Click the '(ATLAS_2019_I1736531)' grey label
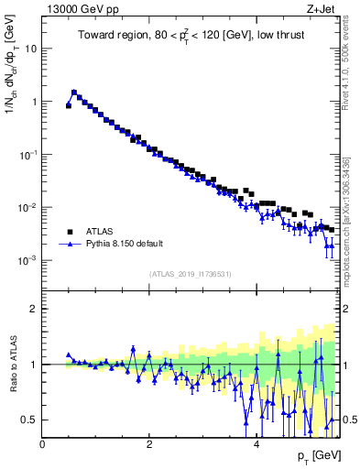click(190, 274)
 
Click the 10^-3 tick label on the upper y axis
click(27, 260)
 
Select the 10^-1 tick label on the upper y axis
click(27, 155)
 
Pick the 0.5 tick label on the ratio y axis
click(31, 420)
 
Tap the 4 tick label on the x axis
click(256, 444)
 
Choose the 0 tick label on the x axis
click(43, 444)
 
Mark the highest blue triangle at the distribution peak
click(74, 92)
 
